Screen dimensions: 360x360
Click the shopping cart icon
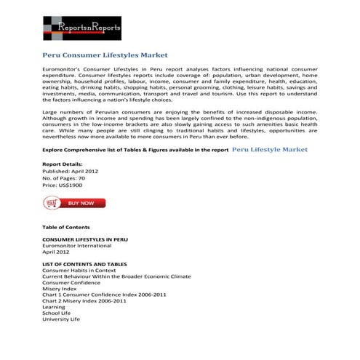click(52, 204)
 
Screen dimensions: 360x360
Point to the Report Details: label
click(63, 164)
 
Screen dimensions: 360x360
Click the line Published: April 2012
click(71, 171)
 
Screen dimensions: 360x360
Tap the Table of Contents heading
click(66, 227)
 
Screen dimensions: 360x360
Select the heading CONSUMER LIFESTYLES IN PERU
click(85, 239)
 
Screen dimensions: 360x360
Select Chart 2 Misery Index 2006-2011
click(84, 300)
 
